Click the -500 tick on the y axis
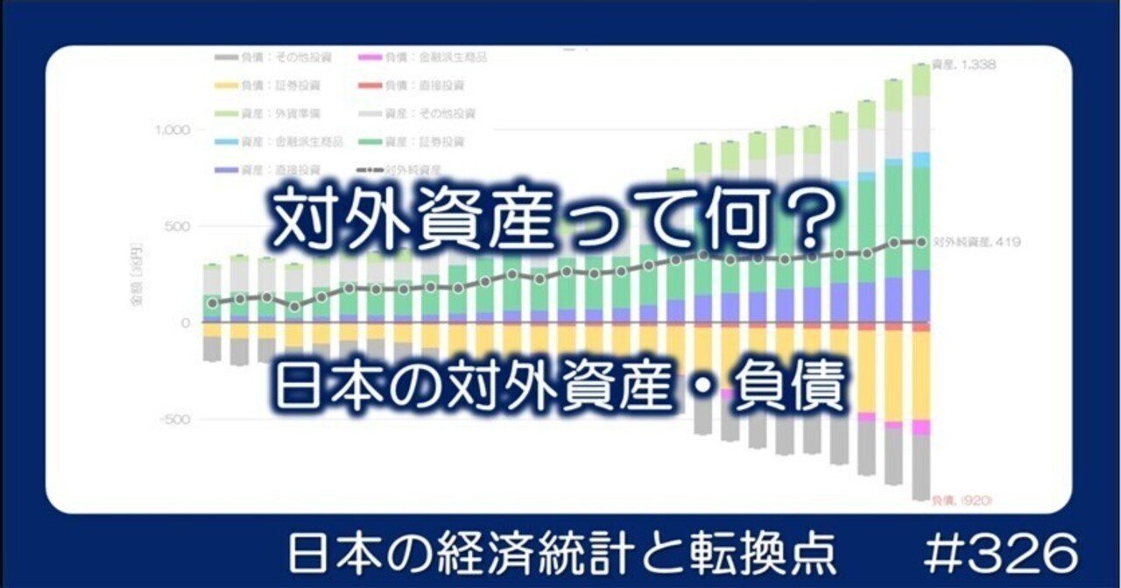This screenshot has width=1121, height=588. (x=174, y=419)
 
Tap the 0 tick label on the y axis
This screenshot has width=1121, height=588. (x=185, y=323)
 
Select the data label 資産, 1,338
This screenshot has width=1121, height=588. (x=974, y=65)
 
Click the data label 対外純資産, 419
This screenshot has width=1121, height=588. (x=975, y=242)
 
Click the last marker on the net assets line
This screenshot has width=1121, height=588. (x=920, y=242)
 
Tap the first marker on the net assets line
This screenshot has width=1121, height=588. (x=212, y=303)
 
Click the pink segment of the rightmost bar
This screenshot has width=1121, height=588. (x=920, y=427)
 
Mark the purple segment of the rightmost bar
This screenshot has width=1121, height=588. (x=920, y=295)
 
